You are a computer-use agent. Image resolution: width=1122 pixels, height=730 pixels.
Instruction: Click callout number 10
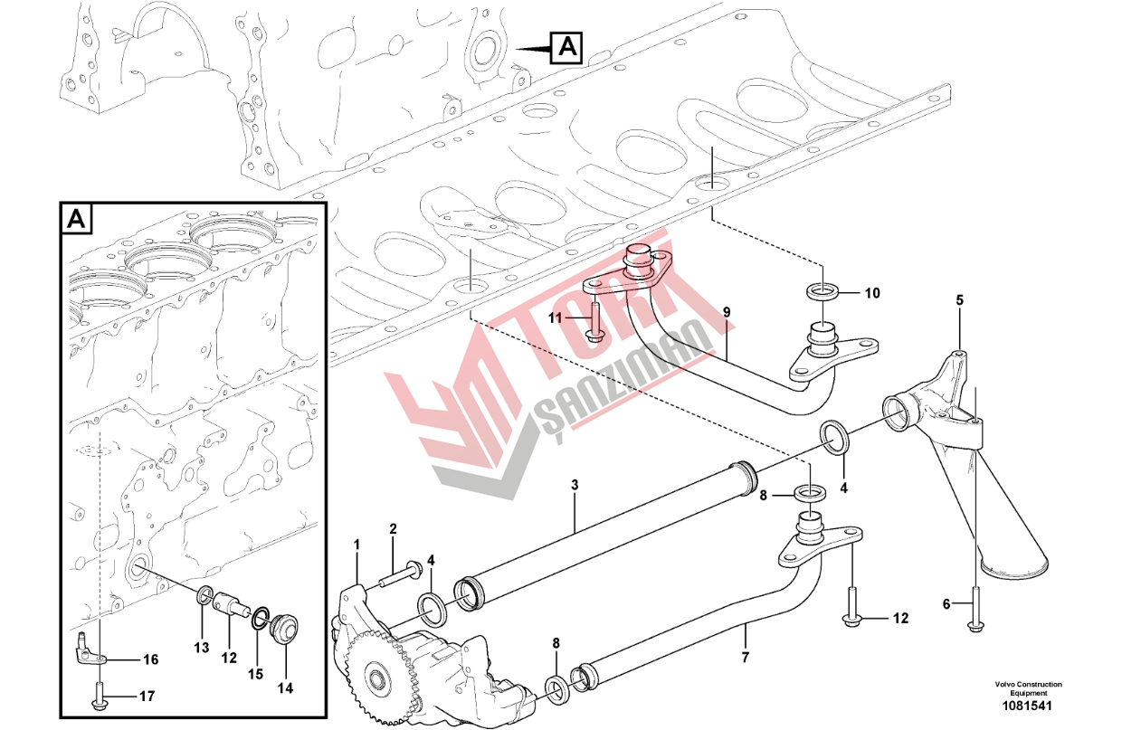pos(872,293)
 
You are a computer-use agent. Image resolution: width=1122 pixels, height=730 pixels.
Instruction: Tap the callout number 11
pos(555,318)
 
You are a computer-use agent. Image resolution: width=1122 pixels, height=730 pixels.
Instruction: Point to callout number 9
pos(727,312)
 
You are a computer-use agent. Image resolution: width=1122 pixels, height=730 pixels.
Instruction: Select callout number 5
pos(959,300)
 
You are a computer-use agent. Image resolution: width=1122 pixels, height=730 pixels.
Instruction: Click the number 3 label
pos(575,485)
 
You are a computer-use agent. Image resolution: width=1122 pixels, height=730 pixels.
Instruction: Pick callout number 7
pos(746,658)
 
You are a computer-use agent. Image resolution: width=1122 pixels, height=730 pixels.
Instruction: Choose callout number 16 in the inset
pos(151,659)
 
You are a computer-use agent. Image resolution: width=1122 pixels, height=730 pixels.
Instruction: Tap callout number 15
pos(255,675)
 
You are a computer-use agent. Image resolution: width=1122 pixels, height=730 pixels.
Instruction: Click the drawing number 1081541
pos(1027,706)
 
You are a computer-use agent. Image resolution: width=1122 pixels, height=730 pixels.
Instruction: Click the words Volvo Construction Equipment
pos(1028,688)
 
